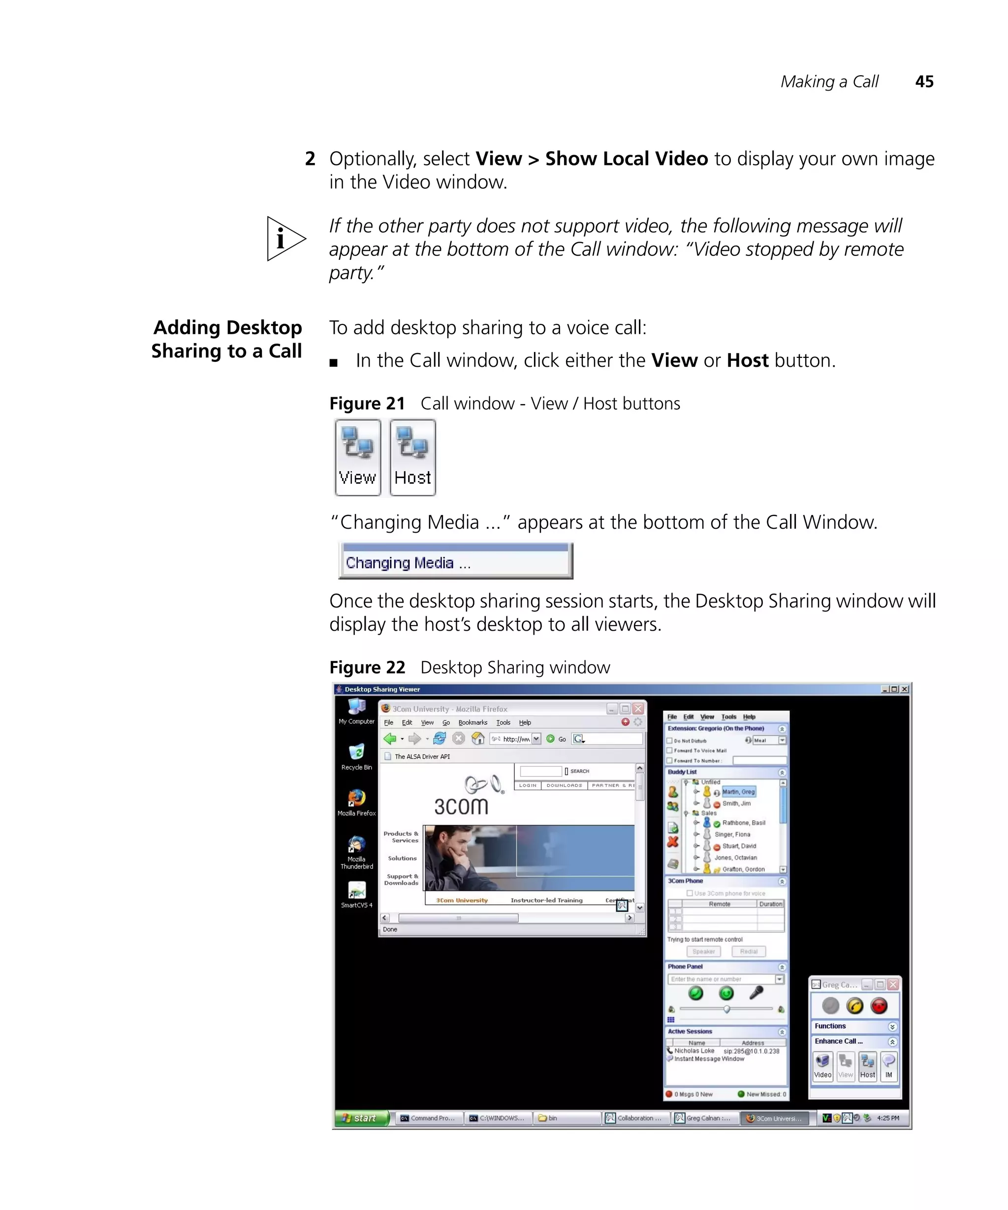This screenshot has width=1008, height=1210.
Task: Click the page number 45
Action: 924,82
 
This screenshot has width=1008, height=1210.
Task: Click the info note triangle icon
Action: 284,239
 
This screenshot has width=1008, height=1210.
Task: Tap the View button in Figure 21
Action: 358,457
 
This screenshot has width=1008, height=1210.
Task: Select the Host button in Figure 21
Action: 412,457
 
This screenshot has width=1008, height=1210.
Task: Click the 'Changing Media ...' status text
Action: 408,563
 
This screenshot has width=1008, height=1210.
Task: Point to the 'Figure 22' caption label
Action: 367,667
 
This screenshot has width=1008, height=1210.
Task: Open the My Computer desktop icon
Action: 356,710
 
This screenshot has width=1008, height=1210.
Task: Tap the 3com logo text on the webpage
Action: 461,806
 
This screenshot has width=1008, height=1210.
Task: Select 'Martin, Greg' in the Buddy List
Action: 738,792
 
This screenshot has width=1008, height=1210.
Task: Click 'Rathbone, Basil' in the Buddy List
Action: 743,823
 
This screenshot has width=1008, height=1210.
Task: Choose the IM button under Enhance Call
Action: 889,1066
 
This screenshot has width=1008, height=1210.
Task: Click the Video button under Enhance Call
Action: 822,1066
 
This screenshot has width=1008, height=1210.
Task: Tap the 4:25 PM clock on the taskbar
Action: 887,1118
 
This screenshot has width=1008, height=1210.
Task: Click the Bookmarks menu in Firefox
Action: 472,723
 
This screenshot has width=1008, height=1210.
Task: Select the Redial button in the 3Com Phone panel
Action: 748,951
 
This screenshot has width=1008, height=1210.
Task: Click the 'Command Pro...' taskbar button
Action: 428,1118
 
